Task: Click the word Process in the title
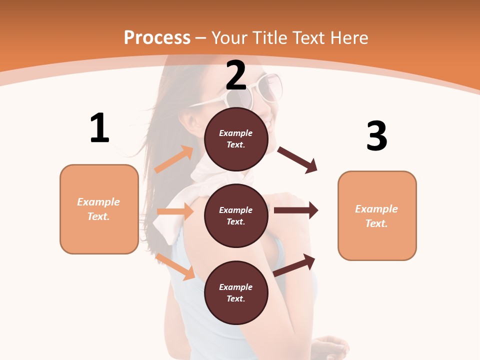click(157, 38)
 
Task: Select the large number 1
click(99, 128)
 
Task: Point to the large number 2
click(236, 75)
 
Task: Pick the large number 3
click(376, 136)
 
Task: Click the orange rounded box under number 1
click(99, 209)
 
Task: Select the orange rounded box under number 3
click(377, 215)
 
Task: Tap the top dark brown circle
click(236, 139)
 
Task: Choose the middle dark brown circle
click(236, 215)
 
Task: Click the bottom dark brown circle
click(236, 292)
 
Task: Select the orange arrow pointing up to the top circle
click(174, 159)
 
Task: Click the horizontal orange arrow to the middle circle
click(175, 211)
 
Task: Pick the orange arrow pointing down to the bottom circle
click(175, 266)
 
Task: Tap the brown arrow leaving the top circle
click(297, 159)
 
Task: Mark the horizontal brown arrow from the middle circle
click(296, 210)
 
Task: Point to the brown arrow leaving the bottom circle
click(294, 264)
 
